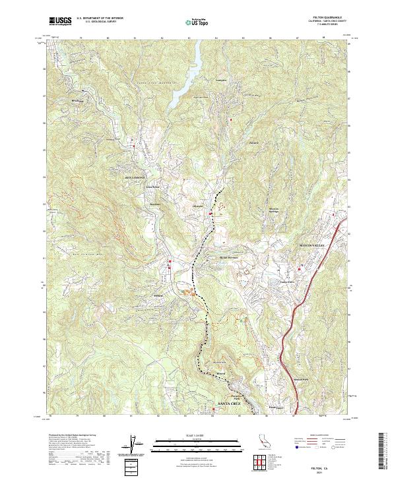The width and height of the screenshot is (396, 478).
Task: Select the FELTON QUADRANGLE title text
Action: (322, 18)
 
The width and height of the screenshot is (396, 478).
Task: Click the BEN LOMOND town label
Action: (134, 177)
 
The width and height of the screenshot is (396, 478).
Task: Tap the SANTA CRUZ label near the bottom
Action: (230, 402)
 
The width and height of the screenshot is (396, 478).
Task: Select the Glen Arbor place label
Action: (154, 187)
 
